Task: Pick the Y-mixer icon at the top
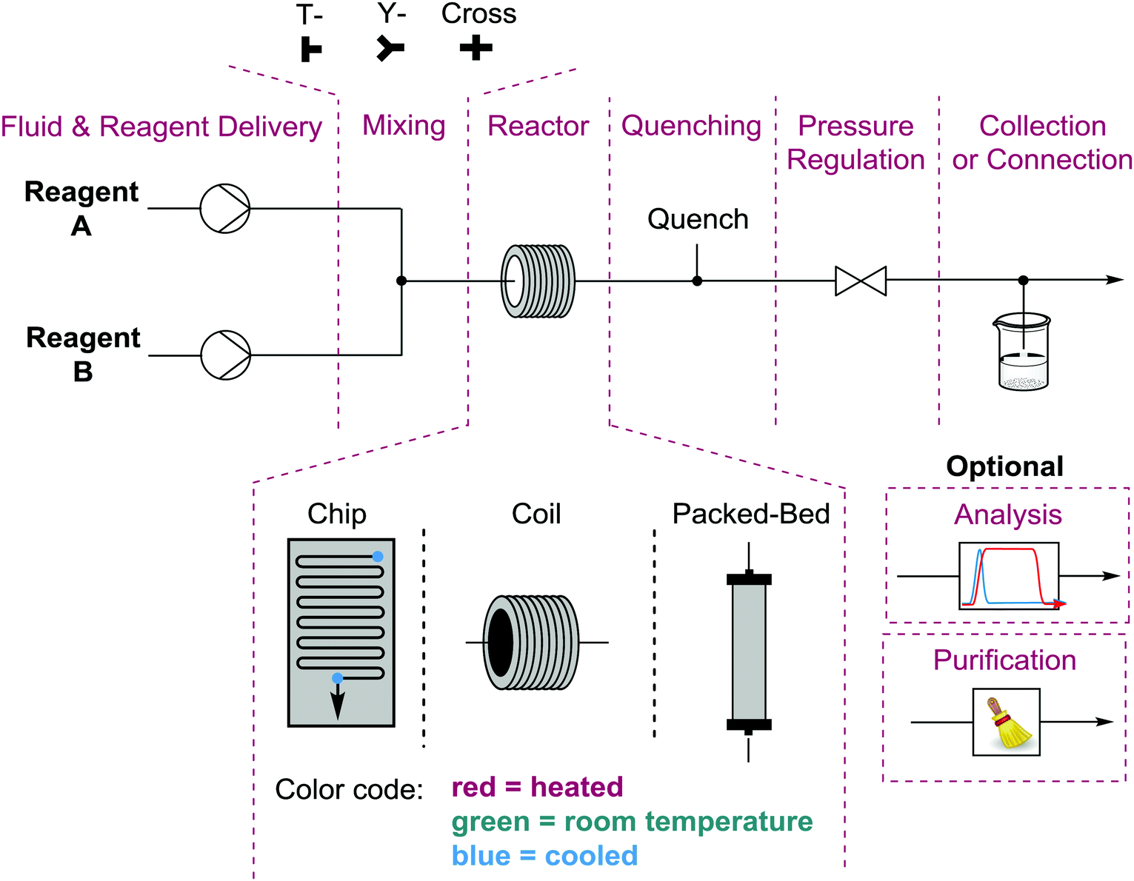click(390, 48)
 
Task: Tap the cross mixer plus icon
click(476, 48)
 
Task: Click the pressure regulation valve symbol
click(860, 281)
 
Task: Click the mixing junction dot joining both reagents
click(401, 281)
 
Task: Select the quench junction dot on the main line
click(697, 281)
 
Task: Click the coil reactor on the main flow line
click(538, 281)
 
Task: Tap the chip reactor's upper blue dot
click(378, 557)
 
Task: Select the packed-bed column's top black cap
click(748, 578)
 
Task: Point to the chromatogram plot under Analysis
click(1008, 575)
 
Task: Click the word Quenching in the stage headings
click(691, 127)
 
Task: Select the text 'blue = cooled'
click(544, 855)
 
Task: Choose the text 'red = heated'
click(537, 786)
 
